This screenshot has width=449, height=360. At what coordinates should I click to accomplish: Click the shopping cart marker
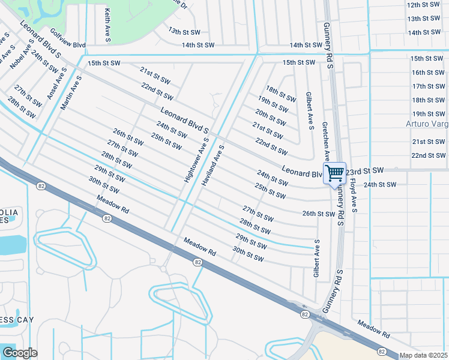click(x=335, y=173)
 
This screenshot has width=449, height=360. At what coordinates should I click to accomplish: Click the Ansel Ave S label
click(x=58, y=83)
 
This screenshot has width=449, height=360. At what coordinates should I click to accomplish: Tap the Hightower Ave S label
click(x=196, y=159)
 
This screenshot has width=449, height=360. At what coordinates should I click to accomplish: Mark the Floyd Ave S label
click(x=354, y=196)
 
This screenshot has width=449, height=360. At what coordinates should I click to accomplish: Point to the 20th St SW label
click(x=270, y=116)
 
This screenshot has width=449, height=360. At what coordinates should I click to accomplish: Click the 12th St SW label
click(x=424, y=5)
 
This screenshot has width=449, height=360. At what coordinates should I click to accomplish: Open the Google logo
click(x=19, y=352)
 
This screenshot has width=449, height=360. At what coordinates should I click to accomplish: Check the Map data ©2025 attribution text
click(x=423, y=355)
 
